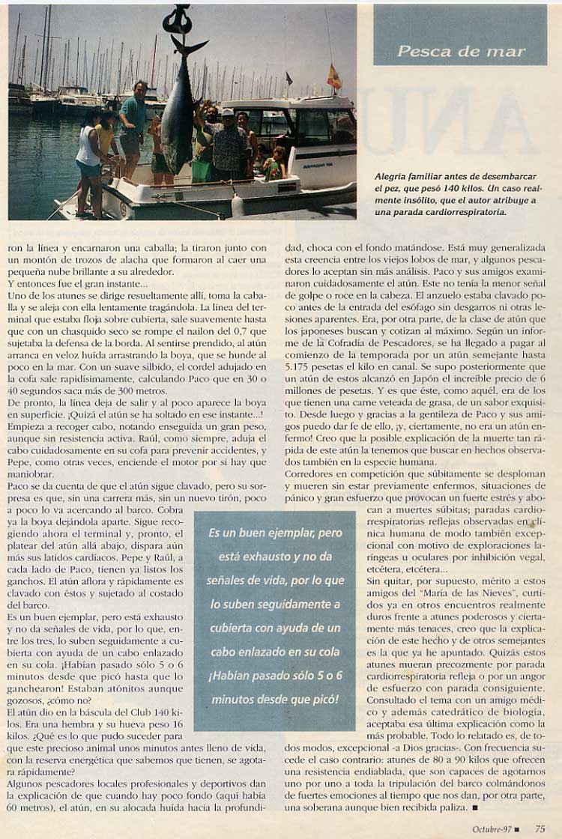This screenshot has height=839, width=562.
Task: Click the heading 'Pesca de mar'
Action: (x=461, y=52)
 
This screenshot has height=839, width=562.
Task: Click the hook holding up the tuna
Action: (x=178, y=19)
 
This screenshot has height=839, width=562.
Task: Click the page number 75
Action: (x=540, y=828)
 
